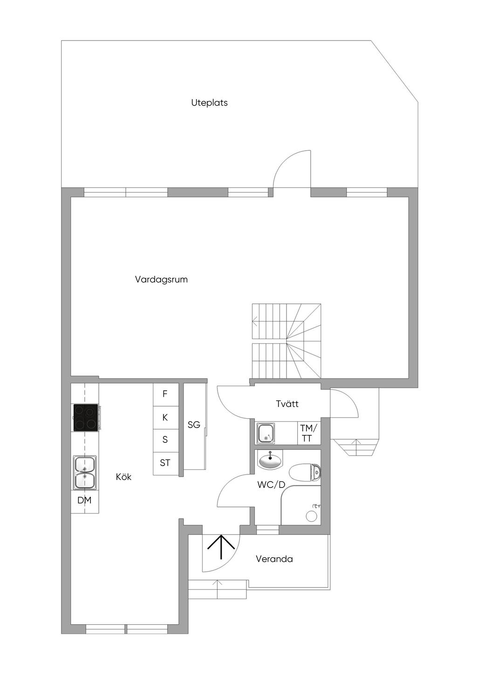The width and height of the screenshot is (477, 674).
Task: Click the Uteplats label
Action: click(209, 103)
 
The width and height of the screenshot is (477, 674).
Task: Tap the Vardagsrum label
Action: click(161, 280)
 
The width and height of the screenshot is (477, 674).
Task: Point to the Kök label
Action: click(123, 477)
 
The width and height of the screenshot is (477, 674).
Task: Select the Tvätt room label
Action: click(287, 404)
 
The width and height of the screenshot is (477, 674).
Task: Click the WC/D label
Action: click(271, 485)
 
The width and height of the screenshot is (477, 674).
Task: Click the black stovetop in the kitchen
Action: click(86, 417)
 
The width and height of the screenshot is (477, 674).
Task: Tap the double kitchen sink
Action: click(85, 473)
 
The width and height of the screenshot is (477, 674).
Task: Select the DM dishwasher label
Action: click(84, 500)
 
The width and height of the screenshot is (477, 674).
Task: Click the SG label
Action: click(194, 425)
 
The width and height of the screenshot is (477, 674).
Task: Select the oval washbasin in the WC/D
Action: click(271, 460)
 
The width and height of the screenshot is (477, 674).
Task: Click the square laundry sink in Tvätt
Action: click(266, 433)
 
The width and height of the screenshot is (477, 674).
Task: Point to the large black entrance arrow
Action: click(221, 547)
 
